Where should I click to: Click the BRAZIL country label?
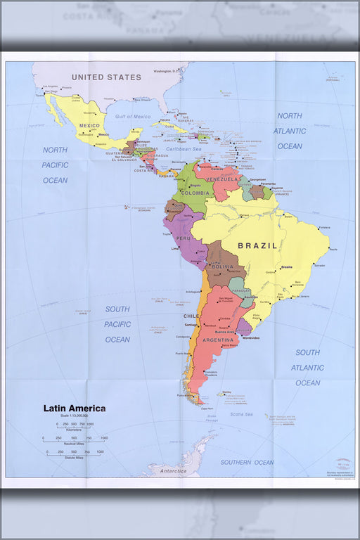tap(258, 246)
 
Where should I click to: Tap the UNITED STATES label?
tap(106, 77)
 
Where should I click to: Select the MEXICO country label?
tap(89, 125)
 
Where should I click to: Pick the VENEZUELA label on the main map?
tap(221, 179)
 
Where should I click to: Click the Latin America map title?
tap(75, 409)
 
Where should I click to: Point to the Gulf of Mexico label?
tap(134, 116)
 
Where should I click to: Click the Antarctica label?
tap(172, 470)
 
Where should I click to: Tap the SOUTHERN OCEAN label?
tap(247, 462)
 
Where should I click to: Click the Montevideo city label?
tap(251, 337)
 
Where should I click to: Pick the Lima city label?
tap(176, 249)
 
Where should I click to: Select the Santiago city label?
tap(191, 324)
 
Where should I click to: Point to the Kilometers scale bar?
tap(69, 428)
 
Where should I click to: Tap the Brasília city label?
tap(286, 267)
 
